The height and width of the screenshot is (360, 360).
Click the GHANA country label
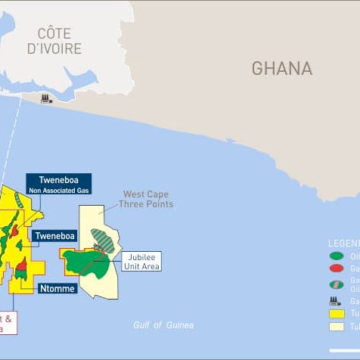pos(281,68)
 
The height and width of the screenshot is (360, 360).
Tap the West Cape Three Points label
pos(147,198)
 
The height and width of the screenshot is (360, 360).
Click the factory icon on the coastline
pos(46,98)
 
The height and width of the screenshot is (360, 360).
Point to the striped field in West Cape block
pos(102,213)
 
